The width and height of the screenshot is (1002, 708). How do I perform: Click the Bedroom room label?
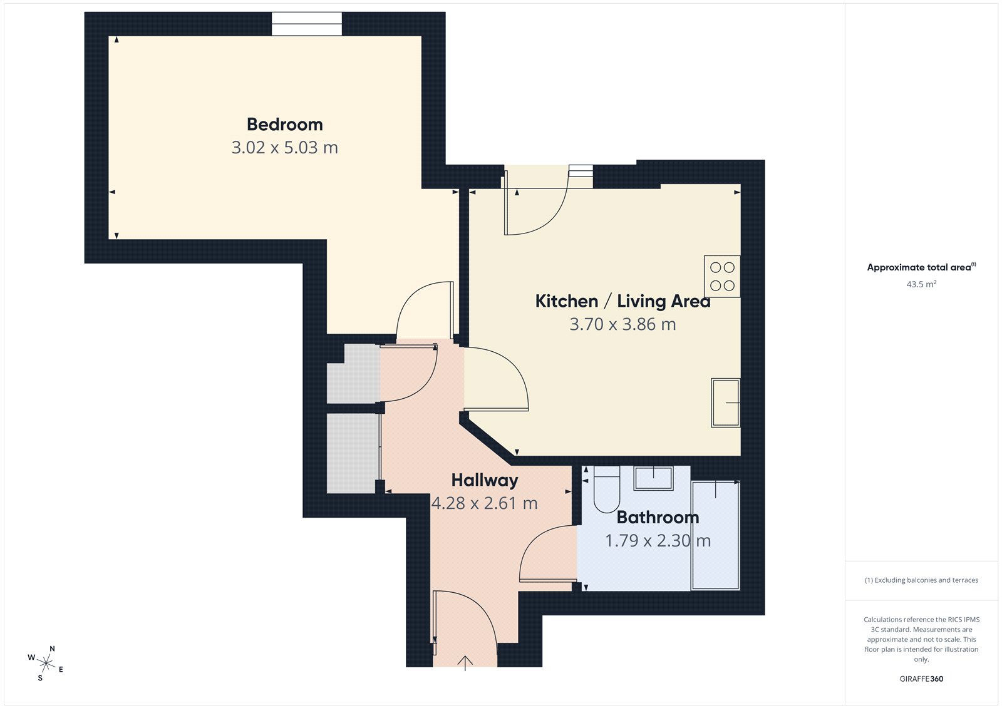(x=284, y=125)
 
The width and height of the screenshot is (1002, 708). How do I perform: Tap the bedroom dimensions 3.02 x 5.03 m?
(x=284, y=148)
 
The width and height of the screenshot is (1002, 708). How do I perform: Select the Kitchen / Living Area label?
(x=622, y=301)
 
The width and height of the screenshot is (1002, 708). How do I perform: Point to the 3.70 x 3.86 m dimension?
(x=622, y=324)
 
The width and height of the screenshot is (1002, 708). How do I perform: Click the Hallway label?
(x=485, y=480)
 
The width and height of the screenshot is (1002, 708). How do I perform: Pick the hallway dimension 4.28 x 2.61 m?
(x=485, y=503)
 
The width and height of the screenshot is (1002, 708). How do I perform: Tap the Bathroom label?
(x=658, y=517)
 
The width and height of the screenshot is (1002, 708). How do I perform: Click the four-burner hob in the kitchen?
(x=722, y=276)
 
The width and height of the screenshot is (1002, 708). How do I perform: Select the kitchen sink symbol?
(x=725, y=403)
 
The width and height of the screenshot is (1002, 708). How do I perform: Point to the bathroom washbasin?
(x=653, y=478)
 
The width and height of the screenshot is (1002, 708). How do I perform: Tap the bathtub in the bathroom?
(x=715, y=535)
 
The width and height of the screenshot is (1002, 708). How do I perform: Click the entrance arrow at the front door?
(x=465, y=662)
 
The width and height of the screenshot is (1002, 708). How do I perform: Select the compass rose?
(x=46, y=663)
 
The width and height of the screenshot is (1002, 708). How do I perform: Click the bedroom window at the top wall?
(x=307, y=24)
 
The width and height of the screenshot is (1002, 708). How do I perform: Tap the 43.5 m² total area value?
(x=921, y=284)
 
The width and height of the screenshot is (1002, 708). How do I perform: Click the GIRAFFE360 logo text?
(x=921, y=679)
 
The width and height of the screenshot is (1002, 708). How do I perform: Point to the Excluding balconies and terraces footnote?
(x=921, y=580)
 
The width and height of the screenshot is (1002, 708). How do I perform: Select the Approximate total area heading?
(x=919, y=267)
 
